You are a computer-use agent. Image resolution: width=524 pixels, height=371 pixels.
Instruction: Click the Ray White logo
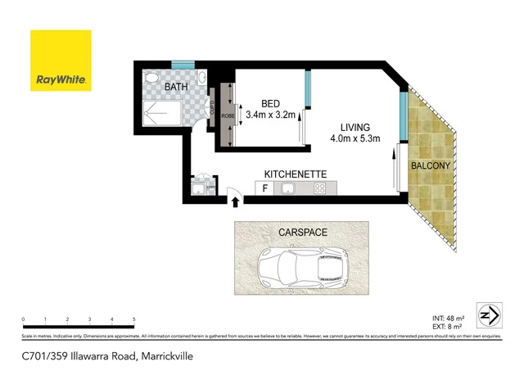point(61,61)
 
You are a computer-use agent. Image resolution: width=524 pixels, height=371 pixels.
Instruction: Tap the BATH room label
point(178,86)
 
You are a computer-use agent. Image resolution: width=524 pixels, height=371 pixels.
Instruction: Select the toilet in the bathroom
point(151,79)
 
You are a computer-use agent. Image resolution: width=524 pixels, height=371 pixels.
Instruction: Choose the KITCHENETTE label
point(296,174)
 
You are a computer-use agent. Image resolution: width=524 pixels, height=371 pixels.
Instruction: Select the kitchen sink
point(288,189)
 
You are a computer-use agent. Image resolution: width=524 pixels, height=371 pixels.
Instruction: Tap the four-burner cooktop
point(320,189)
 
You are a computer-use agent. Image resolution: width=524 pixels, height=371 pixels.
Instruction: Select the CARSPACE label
point(303,233)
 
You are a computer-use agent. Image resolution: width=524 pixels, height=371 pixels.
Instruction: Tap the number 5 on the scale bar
point(133,319)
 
